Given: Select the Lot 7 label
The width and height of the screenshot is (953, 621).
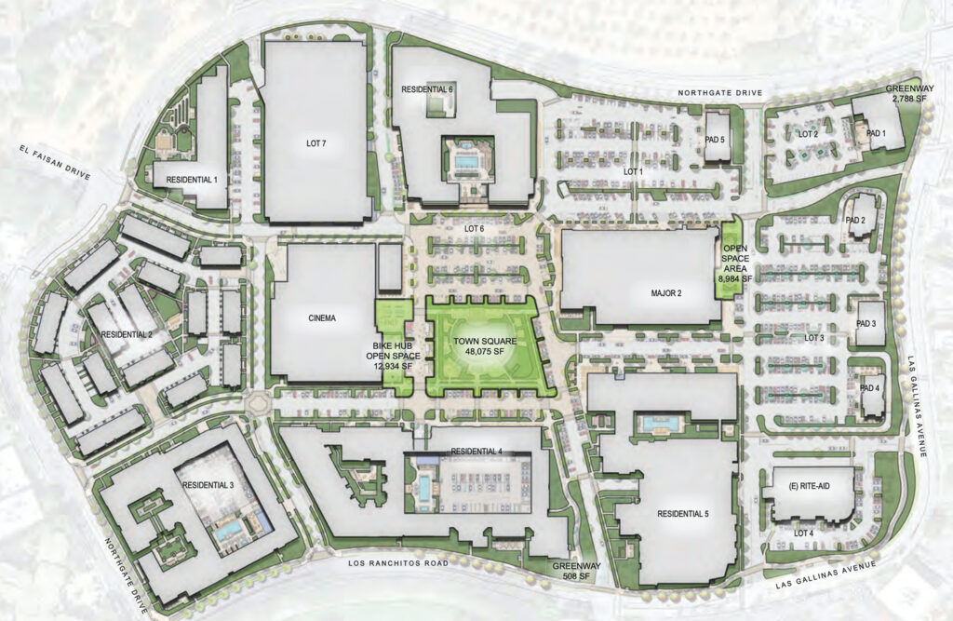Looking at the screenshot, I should [x=316, y=144].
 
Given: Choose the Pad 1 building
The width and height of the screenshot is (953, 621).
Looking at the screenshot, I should [x=874, y=133].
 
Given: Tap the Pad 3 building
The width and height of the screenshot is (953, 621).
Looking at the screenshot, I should [x=870, y=323].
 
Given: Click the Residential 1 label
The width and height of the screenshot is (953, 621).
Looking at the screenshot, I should [x=192, y=178].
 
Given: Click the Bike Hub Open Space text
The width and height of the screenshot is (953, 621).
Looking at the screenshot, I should [x=396, y=357].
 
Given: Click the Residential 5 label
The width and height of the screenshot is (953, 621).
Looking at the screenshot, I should [x=682, y=514].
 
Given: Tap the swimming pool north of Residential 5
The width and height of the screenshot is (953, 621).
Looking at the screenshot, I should [x=660, y=426].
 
